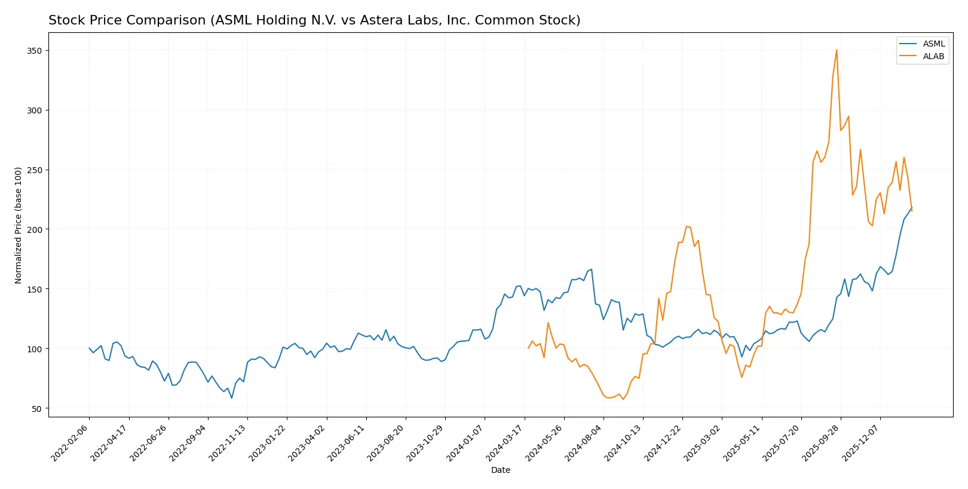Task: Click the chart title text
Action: coord(314,20)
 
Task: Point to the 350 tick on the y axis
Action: coord(34,51)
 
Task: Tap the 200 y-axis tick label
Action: coord(34,229)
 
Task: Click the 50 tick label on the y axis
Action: coord(36,408)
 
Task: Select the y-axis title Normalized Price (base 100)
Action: coord(19,225)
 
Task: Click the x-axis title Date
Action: coord(500,470)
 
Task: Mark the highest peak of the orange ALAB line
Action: coord(837,50)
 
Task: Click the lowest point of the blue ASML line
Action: coord(232,398)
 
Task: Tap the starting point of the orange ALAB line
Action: coord(528,348)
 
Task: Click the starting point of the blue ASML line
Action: coord(89,348)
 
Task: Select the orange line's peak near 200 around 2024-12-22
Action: coord(687,226)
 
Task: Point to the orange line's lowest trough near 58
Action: coord(623,399)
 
